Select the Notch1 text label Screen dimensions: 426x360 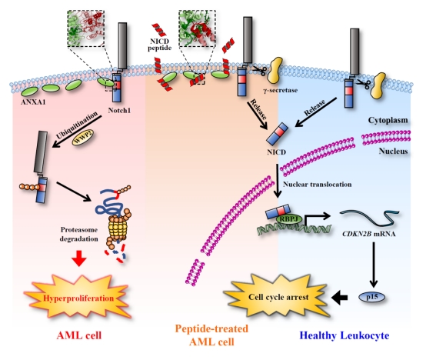(119, 110)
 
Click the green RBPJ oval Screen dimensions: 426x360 (289, 218)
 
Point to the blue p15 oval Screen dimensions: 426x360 (372, 297)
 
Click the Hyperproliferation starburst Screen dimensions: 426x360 (78, 297)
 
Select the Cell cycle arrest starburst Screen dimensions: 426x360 (278, 296)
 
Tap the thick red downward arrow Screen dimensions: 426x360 (79, 258)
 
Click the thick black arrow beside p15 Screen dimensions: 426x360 (340, 297)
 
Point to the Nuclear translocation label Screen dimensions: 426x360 (318, 184)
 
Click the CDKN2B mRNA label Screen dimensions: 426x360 (368, 234)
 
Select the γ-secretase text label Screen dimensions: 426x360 (280, 90)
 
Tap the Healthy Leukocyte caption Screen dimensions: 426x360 (344, 335)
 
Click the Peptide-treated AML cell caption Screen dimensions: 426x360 (211, 335)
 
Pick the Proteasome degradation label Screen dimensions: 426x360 (79, 234)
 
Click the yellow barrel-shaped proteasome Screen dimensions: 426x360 (118, 228)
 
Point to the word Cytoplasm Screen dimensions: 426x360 (388, 120)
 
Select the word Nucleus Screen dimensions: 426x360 (393, 151)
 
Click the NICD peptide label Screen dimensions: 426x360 (159, 45)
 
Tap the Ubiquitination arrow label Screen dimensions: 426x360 (77, 125)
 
